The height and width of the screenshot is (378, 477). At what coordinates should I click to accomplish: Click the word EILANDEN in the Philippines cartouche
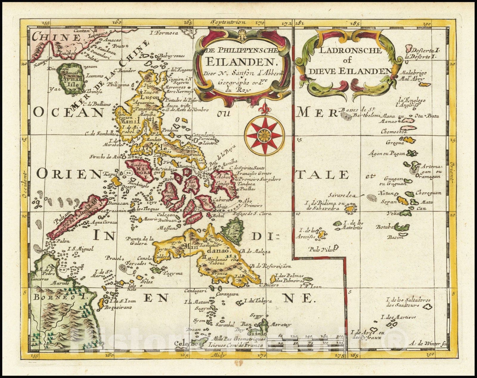coord(242,62)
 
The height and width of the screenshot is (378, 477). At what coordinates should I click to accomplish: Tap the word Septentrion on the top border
coord(227,22)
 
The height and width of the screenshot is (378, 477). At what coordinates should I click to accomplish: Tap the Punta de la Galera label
coord(140,241)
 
